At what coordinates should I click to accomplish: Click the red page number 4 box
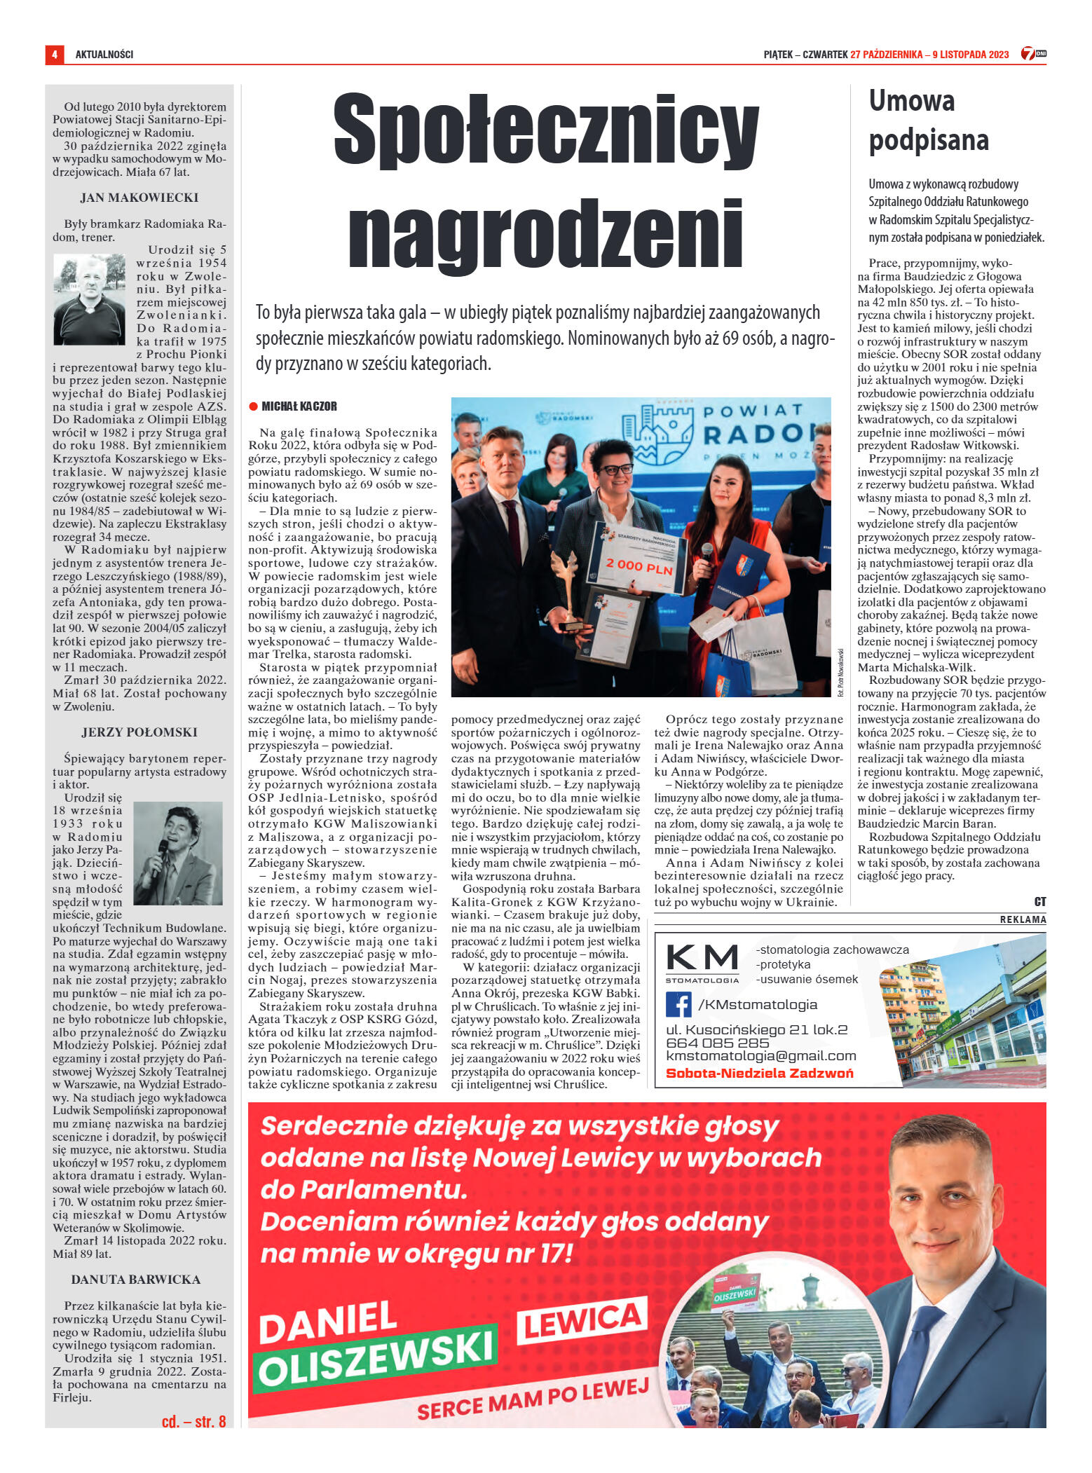point(54,54)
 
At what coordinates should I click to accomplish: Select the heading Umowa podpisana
point(928,121)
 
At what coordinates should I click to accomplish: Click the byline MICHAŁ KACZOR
point(299,406)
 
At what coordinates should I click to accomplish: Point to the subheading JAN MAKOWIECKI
point(139,198)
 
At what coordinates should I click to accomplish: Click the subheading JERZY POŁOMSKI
point(139,732)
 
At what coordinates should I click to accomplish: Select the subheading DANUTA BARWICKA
point(136,1280)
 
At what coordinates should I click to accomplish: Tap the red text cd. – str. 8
point(193,1421)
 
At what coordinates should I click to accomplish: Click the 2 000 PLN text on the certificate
point(639,565)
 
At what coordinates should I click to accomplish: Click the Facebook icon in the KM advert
point(678,1004)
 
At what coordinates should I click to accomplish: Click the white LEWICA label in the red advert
point(582,1322)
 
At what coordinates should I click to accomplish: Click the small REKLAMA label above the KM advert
point(1023,919)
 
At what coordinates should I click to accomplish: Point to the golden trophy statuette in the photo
point(565,583)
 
